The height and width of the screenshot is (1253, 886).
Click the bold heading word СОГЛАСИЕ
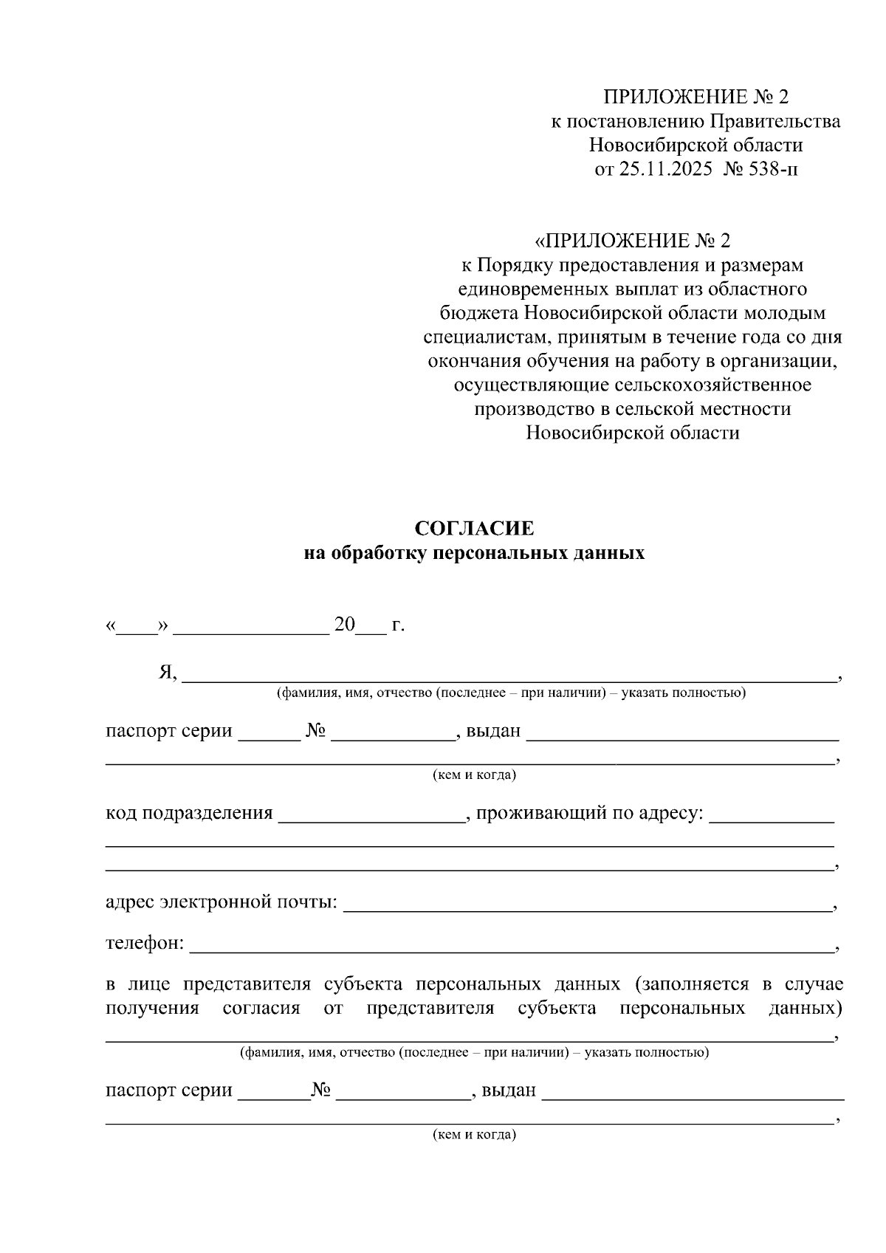click(x=474, y=529)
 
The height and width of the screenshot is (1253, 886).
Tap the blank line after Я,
click(x=509, y=675)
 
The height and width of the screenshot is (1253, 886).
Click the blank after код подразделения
click(x=371, y=815)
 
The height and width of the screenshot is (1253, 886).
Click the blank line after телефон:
click(x=509, y=946)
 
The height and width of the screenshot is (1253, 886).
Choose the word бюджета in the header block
click(x=479, y=313)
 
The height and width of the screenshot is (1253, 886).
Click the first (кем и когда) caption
click(x=474, y=775)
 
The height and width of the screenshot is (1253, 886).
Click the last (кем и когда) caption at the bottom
click(x=474, y=1134)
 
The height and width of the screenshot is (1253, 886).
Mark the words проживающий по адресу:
click(x=590, y=813)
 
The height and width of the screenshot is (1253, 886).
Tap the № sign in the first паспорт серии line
click(x=316, y=731)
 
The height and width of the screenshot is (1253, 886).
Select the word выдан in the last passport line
click(x=508, y=1090)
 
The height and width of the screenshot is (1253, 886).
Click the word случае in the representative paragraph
click(x=814, y=984)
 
